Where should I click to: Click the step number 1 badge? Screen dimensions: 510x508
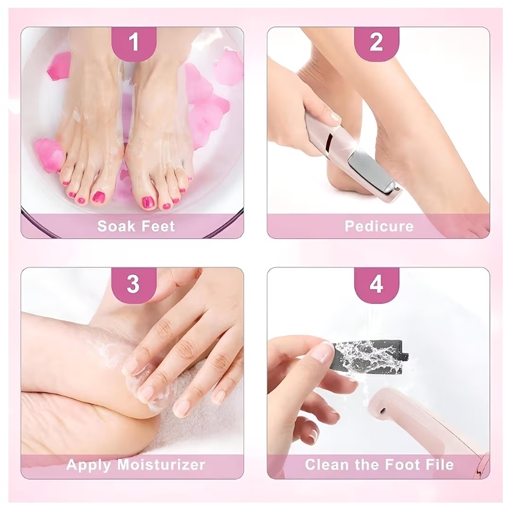click(134, 42)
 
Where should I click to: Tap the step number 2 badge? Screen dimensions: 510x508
click(376, 42)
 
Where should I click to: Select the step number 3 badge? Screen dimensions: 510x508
click(134, 284)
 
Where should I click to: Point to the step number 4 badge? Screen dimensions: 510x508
click(376, 284)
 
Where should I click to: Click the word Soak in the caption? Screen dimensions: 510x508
click(116, 226)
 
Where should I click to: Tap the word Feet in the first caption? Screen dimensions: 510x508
click(157, 226)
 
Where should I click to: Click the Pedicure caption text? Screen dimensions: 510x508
click(379, 226)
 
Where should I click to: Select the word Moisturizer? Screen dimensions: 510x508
click(161, 464)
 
